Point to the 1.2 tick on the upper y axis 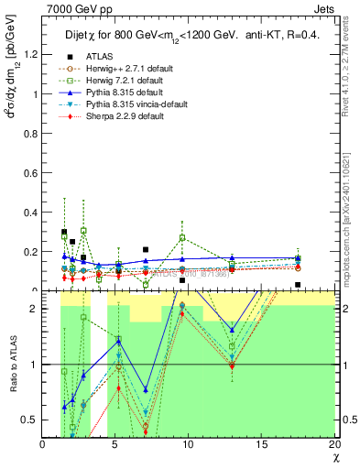[30, 54]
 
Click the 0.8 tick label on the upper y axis [30, 133]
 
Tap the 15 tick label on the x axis [263, 444]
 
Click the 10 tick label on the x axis [189, 444]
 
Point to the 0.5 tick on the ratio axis [30, 420]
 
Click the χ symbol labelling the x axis [334, 456]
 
